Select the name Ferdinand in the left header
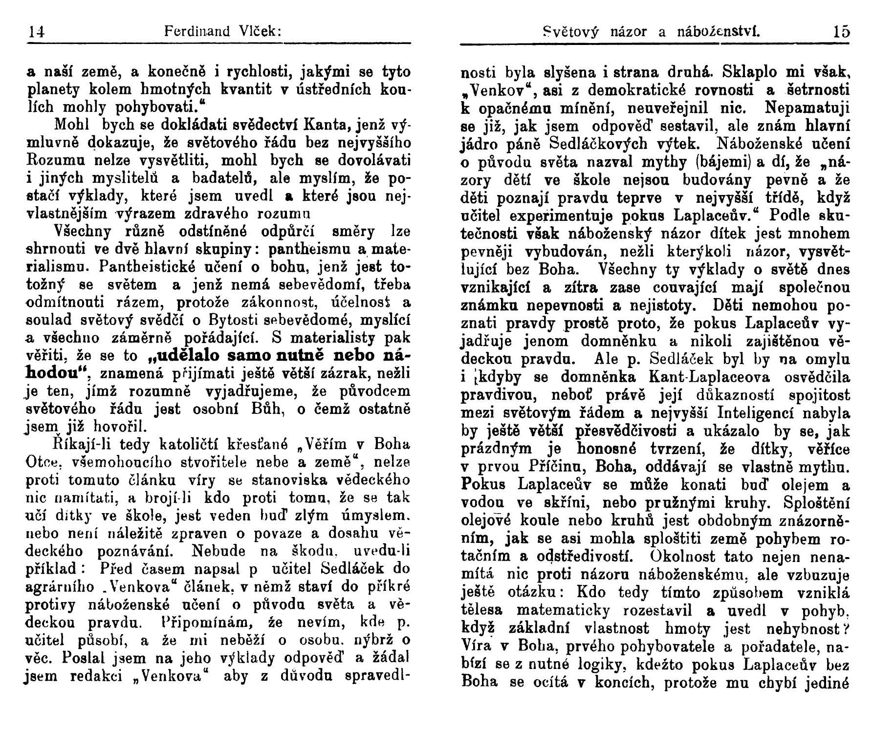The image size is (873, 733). [x=197, y=32]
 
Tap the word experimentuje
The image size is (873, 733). [x=562, y=216]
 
